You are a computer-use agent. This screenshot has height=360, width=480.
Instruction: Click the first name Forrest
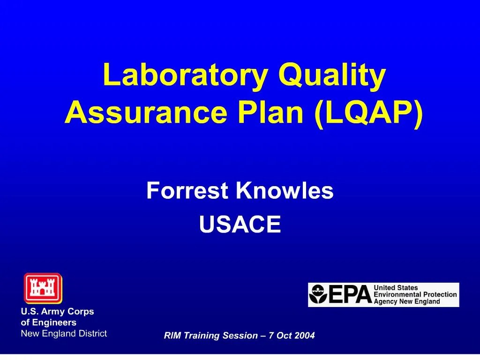187,191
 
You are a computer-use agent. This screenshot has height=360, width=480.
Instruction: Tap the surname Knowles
285,191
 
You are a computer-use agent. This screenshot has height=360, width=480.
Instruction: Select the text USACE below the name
240,225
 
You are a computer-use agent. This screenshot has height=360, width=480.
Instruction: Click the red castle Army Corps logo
43,288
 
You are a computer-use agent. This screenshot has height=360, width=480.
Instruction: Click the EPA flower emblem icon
318,295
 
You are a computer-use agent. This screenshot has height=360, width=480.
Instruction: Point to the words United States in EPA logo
395,287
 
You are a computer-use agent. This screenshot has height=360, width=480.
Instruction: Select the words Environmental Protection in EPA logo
415,294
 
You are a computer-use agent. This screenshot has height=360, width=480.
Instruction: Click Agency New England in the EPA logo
406,301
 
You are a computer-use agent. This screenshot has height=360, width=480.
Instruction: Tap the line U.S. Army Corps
57,311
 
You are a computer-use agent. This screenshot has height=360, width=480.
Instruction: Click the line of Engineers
48,322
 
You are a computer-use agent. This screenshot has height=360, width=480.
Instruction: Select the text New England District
64,333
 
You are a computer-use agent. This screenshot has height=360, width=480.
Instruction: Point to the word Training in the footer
200,336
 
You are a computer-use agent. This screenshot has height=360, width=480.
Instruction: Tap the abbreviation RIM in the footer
172,336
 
